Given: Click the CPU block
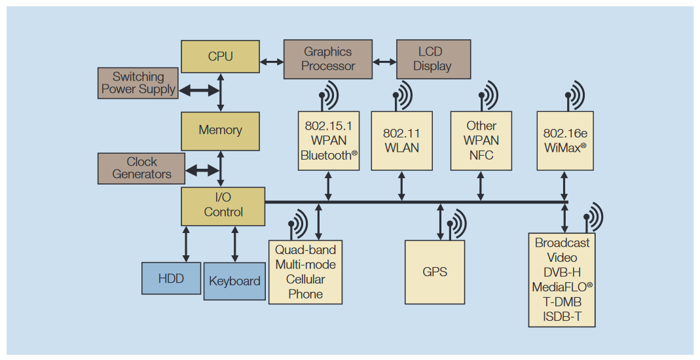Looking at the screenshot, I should (220, 56).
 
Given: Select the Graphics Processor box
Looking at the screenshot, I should (328, 59).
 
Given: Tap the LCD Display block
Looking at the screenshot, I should (433, 59).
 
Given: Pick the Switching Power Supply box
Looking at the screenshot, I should (138, 83).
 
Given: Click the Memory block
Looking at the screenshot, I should (220, 130).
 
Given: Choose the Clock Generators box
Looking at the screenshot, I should (141, 168).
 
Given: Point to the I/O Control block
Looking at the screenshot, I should (223, 205).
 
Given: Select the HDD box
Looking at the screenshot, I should (171, 278).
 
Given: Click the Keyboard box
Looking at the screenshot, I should (234, 281).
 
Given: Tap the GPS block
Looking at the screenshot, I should (435, 272).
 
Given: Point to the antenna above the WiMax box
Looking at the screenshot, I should (574, 96).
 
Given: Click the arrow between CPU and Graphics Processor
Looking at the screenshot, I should (271, 62).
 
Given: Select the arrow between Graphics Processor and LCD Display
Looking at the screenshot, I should (384, 62).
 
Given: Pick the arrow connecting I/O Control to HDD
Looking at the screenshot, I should (186, 243).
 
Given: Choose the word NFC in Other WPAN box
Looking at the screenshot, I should (481, 155).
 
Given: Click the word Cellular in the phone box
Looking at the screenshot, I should (305, 279).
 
